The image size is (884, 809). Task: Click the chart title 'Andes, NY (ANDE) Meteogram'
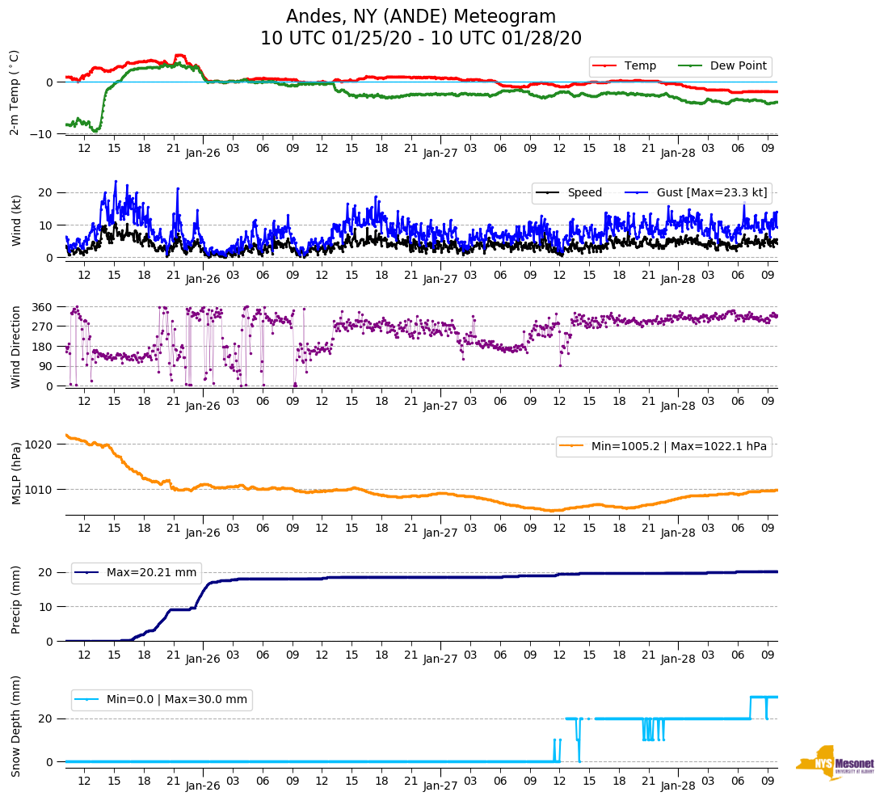tap(420, 17)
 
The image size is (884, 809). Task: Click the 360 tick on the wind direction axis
tap(43, 307)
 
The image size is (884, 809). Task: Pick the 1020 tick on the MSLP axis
tap(40, 445)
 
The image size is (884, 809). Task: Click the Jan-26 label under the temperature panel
tap(203, 152)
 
